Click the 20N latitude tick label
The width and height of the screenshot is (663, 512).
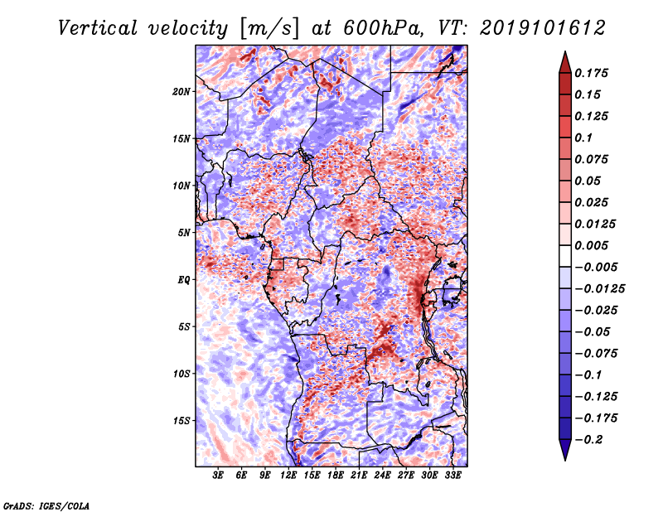tap(181, 92)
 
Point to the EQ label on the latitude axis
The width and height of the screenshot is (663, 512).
tap(184, 280)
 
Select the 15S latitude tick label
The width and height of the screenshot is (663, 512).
tap(181, 421)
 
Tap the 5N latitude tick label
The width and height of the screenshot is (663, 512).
tap(184, 233)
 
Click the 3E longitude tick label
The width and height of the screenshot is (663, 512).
tap(218, 476)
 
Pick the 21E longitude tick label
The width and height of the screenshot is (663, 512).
tap(359, 476)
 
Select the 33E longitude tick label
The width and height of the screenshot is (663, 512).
tap(452, 476)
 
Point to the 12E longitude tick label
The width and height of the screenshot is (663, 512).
tap(288, 476)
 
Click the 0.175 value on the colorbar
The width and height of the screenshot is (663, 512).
tap(591, 73)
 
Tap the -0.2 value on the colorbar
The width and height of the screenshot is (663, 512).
tap(588, 440)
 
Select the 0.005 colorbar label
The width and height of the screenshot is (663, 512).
tap(591, 245)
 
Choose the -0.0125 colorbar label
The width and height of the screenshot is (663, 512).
tap(599, 289)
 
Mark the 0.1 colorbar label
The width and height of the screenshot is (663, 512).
tap(583, 138)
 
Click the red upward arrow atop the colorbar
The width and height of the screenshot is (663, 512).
tap(565, 63)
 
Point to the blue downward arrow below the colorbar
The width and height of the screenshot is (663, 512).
tap(565, 450)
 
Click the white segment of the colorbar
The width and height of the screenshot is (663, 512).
tap(565, 256)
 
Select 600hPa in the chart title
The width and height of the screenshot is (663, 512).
tap(383, 28)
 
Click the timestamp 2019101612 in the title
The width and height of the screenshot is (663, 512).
tap(543, 28)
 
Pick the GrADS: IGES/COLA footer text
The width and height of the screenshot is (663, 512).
tap(46, 505)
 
